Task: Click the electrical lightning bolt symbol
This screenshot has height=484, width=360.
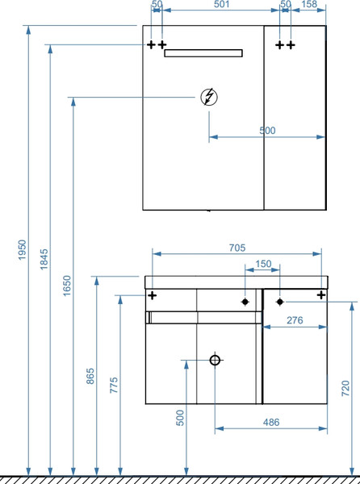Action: coord(209,97)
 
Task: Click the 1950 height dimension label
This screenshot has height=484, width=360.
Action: coord(23,249)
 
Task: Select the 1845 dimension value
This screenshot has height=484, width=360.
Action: coord(44,259)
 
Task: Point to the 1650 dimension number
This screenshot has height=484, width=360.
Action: coord(67,286)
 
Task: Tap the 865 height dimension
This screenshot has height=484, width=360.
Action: coord(90,376)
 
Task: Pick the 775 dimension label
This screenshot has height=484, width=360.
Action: coord(114,385)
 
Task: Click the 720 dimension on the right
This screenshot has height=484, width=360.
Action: coord(345,388)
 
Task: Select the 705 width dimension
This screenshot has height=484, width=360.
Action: coord(237,248)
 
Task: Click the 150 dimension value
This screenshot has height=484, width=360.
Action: coord(263,264)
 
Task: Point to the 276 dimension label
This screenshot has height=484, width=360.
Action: coord(295,320)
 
